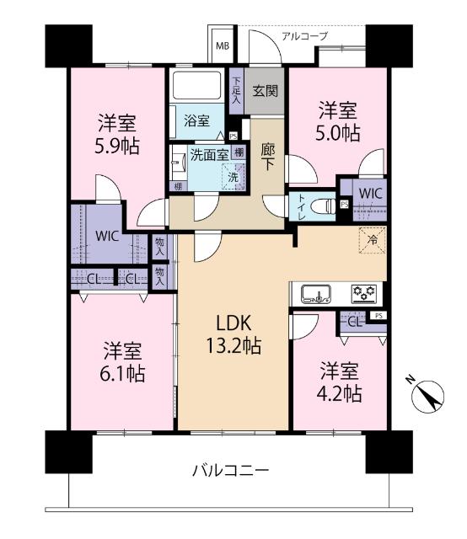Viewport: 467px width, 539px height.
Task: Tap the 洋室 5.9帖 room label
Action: pos(116,134)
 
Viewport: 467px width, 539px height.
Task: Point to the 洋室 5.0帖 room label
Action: pos(340,120)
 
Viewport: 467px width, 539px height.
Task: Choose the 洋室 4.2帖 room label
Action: pos(341,382)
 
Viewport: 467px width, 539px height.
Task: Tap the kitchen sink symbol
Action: pos(316,293)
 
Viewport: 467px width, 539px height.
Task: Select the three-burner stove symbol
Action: pos(364,293)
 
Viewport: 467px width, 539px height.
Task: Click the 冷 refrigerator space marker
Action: pos(372,240)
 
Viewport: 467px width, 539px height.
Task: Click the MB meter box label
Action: pos(223,45)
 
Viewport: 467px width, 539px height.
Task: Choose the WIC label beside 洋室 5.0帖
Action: pos(370,192)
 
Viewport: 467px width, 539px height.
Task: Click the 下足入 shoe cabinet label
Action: pos(238,89)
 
